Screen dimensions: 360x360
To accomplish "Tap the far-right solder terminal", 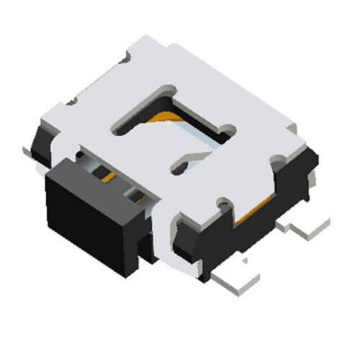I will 310,227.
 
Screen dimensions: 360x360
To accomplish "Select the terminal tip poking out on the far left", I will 29,150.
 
